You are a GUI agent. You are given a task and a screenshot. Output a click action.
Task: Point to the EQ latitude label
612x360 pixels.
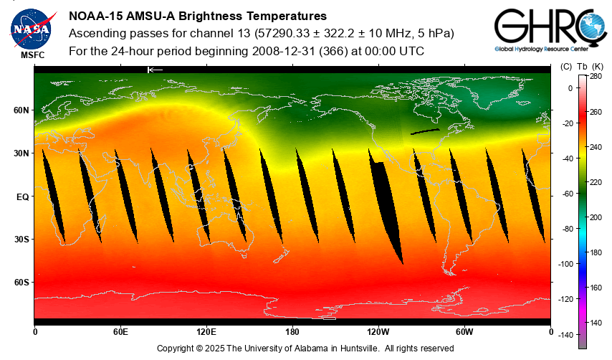[x=22, y=196]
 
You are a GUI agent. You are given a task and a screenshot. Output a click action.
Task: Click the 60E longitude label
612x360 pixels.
[x=120, y=332]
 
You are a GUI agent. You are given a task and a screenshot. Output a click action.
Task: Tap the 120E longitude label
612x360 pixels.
[x=206, y=332]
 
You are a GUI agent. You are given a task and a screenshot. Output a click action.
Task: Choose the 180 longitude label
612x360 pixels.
[x=292, y=332]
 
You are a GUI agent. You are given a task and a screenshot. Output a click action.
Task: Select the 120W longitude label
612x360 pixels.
[x=378, y=332]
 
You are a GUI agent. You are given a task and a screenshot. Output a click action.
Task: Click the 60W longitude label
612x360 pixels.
[x=464, y=332]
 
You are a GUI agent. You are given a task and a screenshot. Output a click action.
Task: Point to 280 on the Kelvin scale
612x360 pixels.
[x=596, y=77]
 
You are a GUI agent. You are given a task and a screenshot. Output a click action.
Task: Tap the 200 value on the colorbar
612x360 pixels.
[x=596, y=217]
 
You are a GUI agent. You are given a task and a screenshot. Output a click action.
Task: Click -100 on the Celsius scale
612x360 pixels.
[x=565, y=264]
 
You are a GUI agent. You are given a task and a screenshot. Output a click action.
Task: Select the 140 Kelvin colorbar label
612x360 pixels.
[x=596, y=322]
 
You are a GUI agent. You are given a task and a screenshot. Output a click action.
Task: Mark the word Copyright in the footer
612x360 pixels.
[x=177, y=349]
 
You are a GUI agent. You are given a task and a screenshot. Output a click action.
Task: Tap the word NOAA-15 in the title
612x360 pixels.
[x=95, y=16]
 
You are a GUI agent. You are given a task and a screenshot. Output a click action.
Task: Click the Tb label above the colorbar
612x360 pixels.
[x=582, y=67]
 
